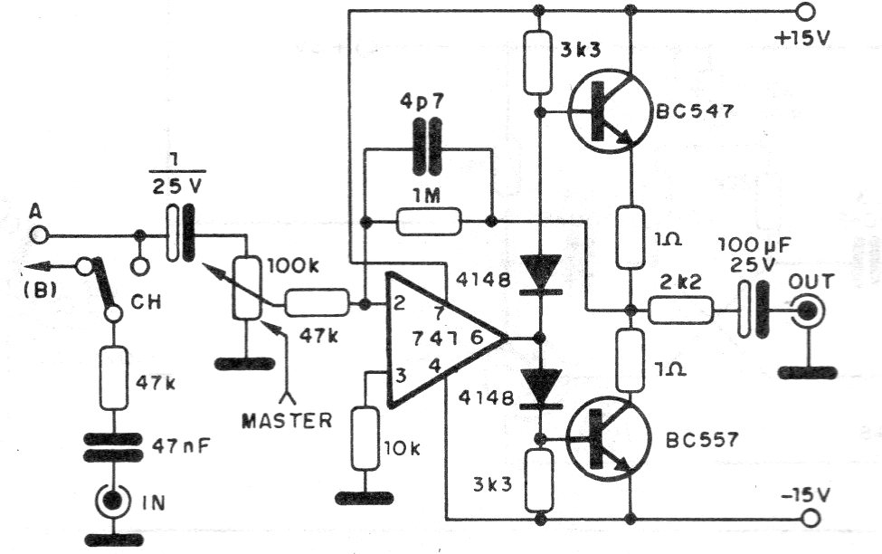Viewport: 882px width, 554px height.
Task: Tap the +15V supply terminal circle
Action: click(x=804, y=12)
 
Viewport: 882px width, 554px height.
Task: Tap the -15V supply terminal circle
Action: click(x=810, y=519)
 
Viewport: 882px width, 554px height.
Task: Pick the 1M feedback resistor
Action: click(x=430, y=221)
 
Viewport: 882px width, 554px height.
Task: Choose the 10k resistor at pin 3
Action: click(x=364, y=438)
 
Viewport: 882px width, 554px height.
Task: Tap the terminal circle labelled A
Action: click(x=38, y=235)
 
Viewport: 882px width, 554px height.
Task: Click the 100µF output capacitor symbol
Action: click(x=747, y=309)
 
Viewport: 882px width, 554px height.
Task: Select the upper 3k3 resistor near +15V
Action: click(x=539, y=62)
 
